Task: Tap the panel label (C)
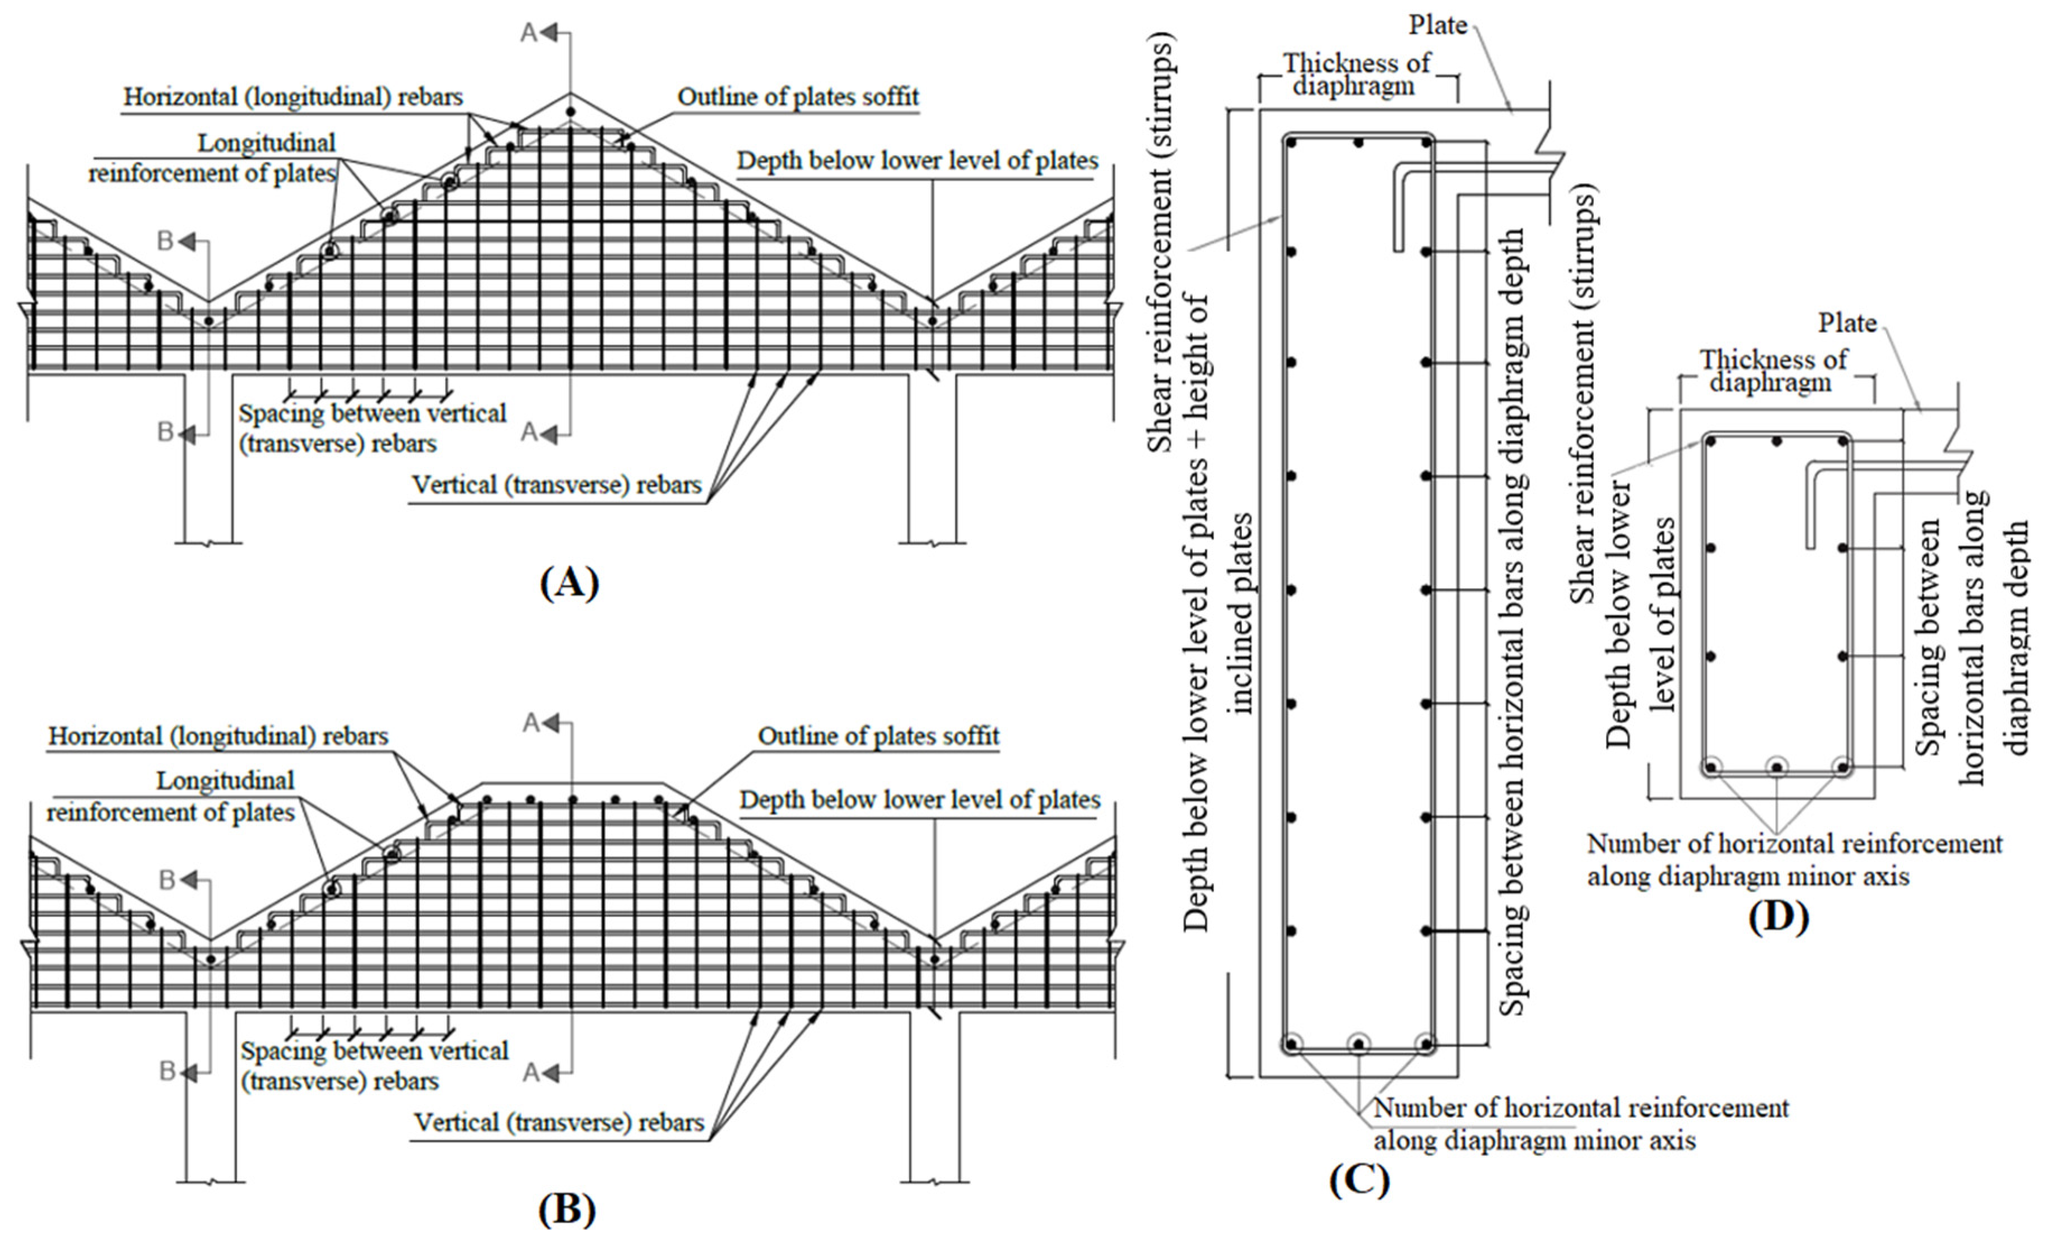point(1359,1180)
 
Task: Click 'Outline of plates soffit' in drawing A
point(798,97)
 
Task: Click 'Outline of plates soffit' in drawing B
point(878,737)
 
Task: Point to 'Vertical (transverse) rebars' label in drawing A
point(557,485)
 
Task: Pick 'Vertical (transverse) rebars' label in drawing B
point(558,1123)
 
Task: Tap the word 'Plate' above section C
point(1438,26)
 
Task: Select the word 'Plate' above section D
point(1847,323)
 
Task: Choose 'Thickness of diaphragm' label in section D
point(1772,371)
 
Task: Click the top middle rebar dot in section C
point(1358,143)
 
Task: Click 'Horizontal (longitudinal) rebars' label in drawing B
point(218,737)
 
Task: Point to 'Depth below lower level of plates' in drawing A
point(918,161)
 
